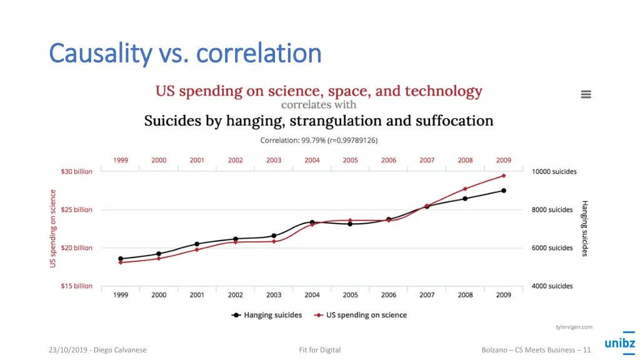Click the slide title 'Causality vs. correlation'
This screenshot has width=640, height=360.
tap(185, 54)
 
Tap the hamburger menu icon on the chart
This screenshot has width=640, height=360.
tap(586, 94)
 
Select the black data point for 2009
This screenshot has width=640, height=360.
tap(504, 191)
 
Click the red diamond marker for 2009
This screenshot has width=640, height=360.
tap(504, 176)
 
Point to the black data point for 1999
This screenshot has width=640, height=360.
tap(121, 259)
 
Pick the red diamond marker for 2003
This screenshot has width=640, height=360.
tap(274, 241)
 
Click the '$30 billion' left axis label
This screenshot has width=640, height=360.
tap(76, 172)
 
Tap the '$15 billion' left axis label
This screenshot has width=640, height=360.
tap(76, 286)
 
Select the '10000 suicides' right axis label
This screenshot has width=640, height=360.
tap(554, 172)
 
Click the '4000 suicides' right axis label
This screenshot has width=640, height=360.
tap(552, 286)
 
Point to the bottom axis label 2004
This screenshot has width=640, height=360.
tap(312, 295)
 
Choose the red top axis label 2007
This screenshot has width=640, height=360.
tap(427, 161)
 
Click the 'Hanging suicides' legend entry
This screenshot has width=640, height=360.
tap(267, 316)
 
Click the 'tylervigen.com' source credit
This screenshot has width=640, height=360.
tap(574, 327)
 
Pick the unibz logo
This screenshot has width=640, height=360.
tap(619, 342)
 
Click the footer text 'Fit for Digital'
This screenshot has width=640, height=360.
tap(320, 350)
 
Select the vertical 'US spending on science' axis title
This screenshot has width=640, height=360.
tap(53, 229)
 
